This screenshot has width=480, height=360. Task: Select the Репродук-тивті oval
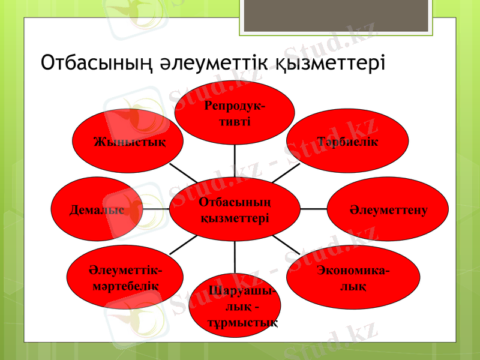click(235, 113)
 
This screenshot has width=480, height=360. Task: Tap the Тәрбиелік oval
click(347, 140)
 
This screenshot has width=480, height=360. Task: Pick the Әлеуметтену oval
click(388, 210)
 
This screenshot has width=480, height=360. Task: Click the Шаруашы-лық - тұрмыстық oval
click(235, 306)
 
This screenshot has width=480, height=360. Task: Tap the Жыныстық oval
click(128, 140)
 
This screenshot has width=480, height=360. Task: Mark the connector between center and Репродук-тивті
click(235, 161)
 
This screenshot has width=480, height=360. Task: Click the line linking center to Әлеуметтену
click(313, 209)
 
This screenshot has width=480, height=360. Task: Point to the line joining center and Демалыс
click(156, 209)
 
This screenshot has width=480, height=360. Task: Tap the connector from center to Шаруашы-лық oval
click(235, 257)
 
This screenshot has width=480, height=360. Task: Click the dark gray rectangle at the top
click(337, 15)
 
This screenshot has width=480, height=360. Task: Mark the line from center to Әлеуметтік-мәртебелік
click(183, 244)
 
